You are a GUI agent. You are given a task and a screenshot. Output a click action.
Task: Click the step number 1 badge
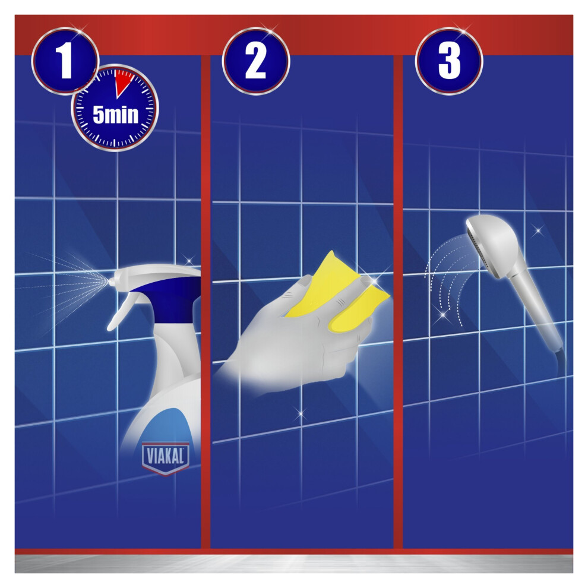pos(65,61)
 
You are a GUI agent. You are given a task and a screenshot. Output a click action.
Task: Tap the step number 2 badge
pos(256,61)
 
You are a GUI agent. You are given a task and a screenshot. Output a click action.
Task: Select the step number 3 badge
pos(449,61)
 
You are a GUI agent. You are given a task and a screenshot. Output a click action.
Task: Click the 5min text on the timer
pos(115,115)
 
